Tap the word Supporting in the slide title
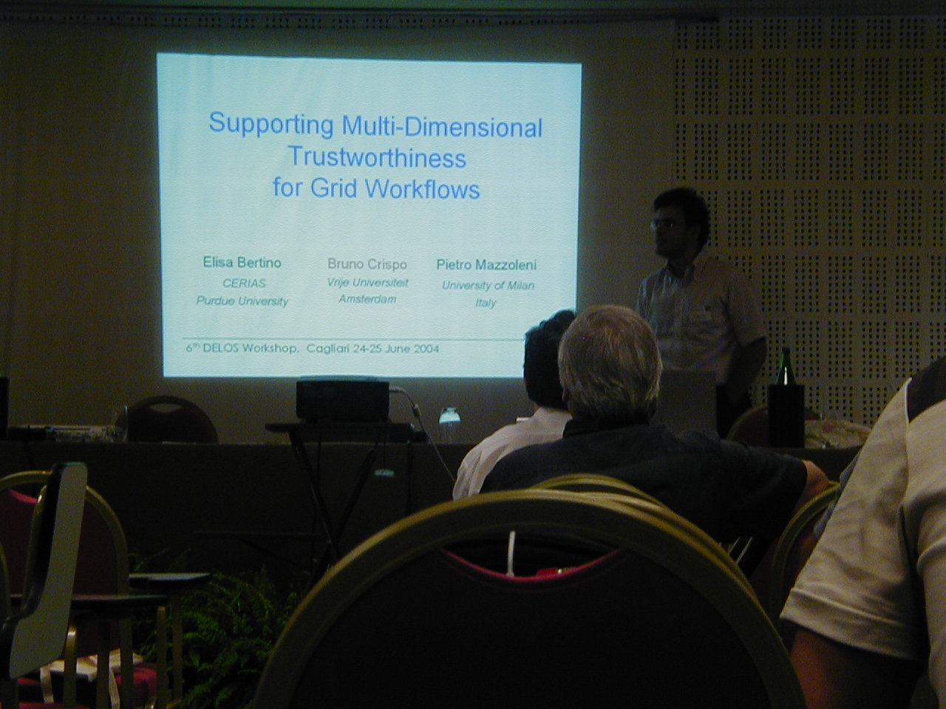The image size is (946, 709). click(x=271, y=124)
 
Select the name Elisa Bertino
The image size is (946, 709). click(x=242, y=263)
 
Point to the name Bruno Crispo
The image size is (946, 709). click(x=367, y=264)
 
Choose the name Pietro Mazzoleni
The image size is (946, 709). click(x=486, y=265)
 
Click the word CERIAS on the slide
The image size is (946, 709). click(x=244, y=284)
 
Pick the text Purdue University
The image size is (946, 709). click(x=242, y=301)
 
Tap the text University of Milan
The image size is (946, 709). click(x=489, y=285)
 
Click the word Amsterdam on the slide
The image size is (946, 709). click(x=367, y=299)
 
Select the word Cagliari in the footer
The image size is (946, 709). click(x=327, y=349)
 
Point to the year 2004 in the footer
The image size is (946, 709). click(x=426, y=349)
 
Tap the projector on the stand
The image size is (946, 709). click(x=342, y=400)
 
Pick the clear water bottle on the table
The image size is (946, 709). click(x=449, y=425)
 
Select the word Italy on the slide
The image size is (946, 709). click(x=486, y=303)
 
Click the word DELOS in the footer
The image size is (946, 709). click(x=220, y=349)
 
